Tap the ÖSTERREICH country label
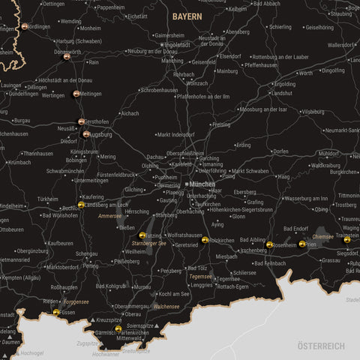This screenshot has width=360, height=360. (320, 346)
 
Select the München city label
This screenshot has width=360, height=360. (202, 184)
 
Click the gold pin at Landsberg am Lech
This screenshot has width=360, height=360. (81, 205)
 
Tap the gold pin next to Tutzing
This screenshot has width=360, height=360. (142, 235)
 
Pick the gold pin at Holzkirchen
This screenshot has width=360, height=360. (205, 240)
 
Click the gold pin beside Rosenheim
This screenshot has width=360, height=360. (269, 244)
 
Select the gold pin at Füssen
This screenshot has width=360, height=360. (56, 312)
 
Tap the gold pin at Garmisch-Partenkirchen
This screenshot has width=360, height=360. (118, 328)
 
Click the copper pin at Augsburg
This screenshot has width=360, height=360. (86, 135)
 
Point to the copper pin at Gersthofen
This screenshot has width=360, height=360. (81, 121)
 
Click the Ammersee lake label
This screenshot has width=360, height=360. (109, 216)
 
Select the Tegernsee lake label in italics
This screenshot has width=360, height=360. (202, 276)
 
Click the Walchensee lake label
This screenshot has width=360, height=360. (166, 306)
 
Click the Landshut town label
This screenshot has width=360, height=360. (281, 93)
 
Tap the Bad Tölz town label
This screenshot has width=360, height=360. (197, 268)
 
